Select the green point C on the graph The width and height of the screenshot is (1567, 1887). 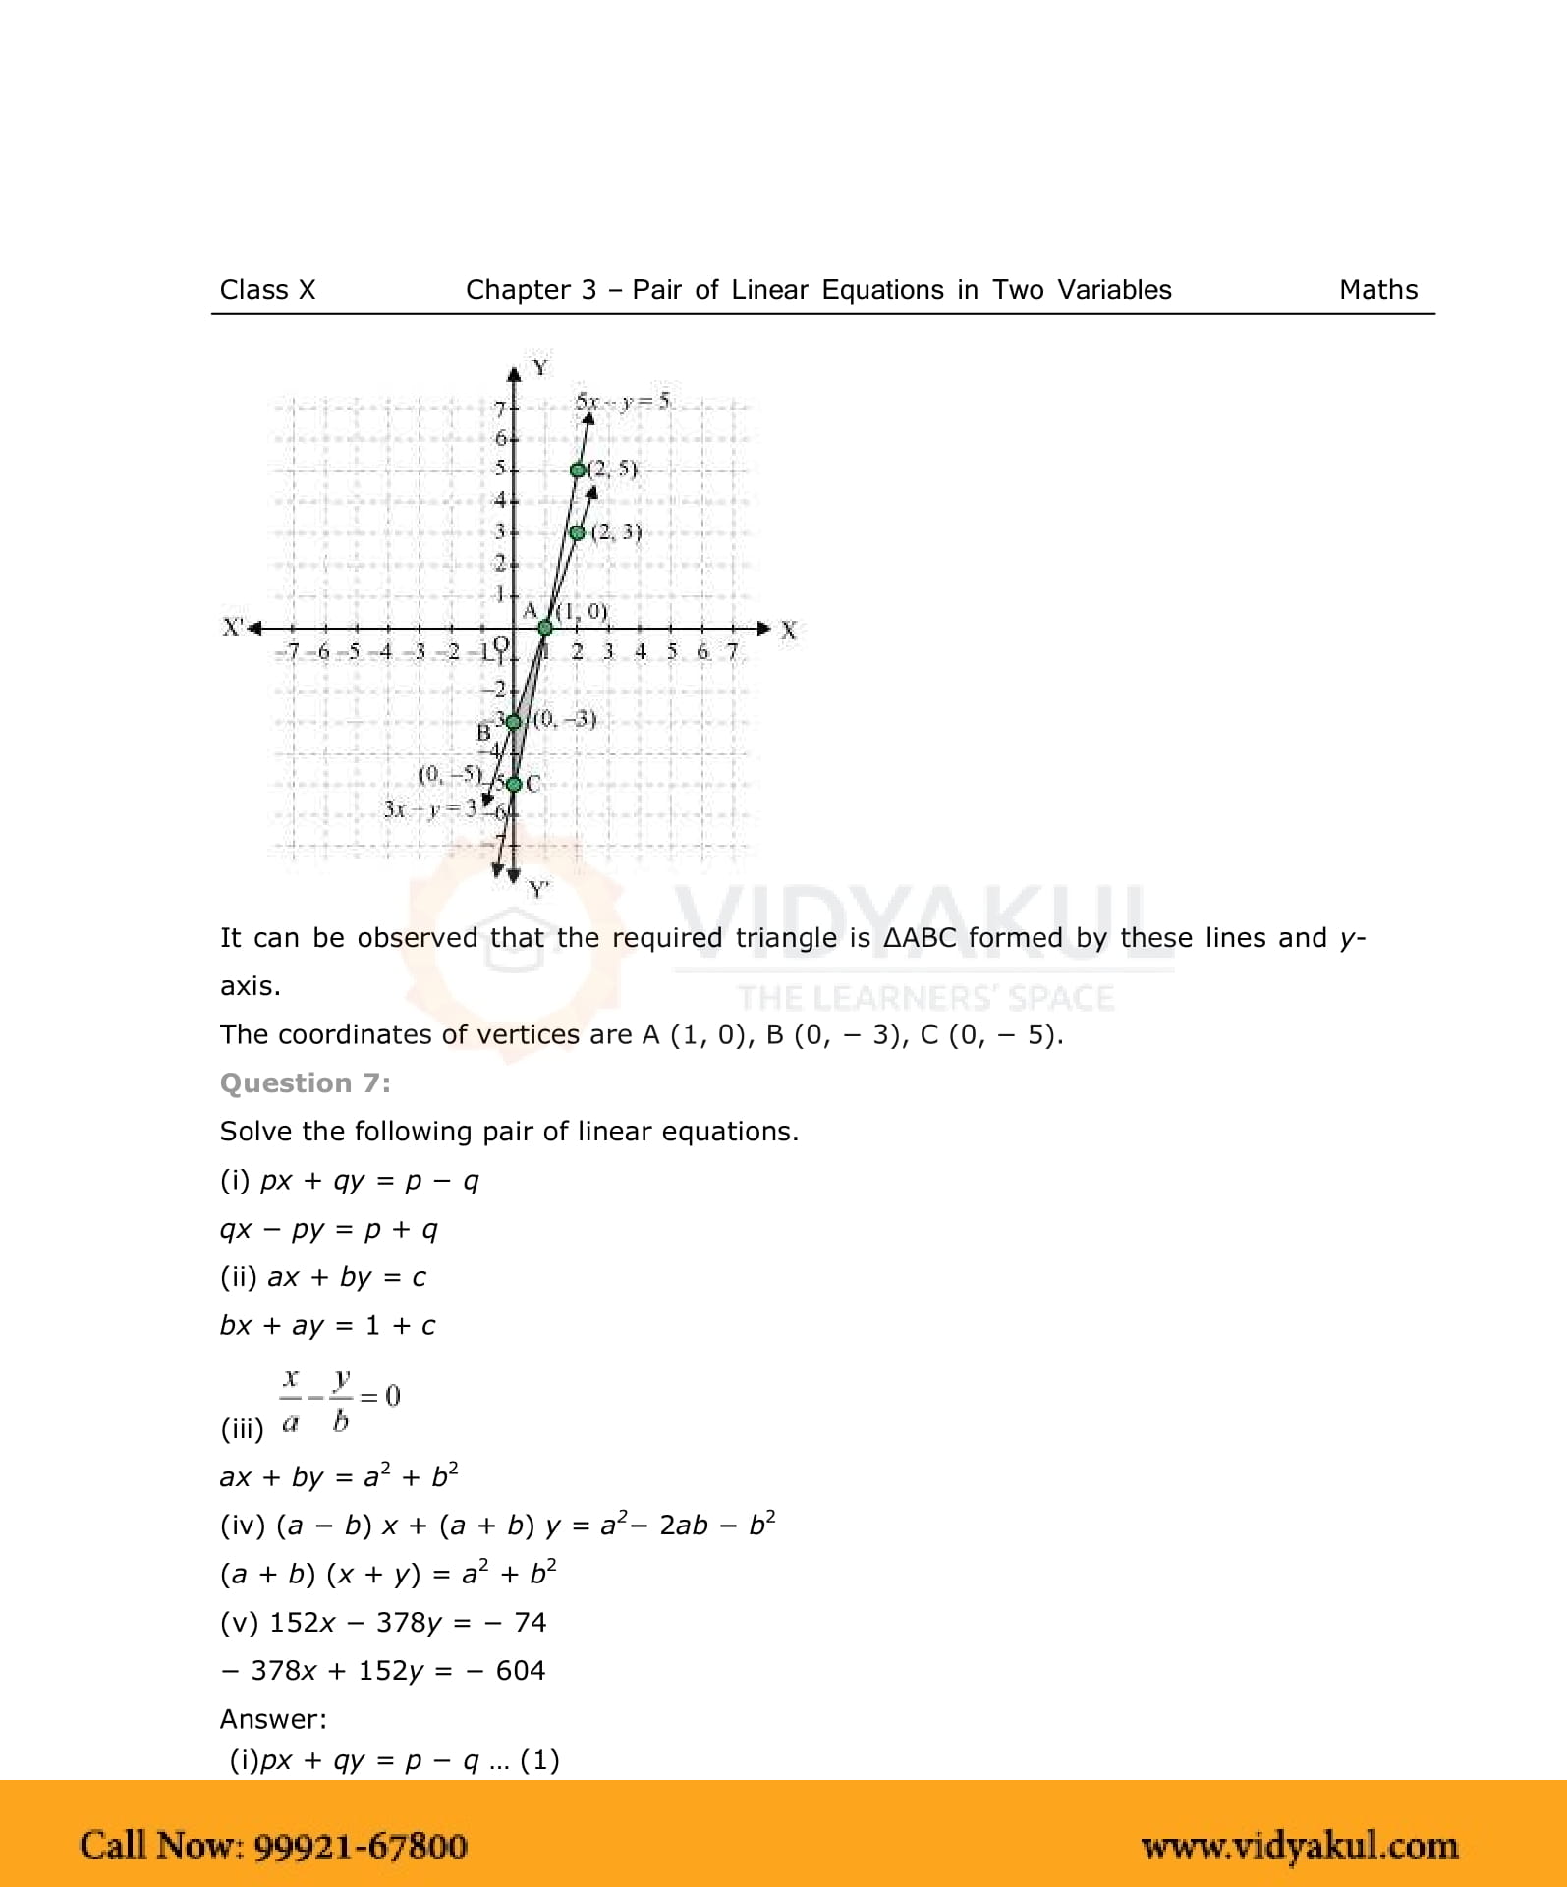coord(514,784)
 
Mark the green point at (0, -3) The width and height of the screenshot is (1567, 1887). coord(513,722)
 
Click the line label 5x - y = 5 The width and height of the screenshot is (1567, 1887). coord(623,401)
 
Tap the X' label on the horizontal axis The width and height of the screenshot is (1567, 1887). coord(233,627)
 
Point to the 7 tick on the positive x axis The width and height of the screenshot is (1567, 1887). coord(731,651)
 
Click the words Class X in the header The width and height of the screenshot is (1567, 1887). coord(267,290)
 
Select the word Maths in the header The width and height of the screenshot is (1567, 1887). coord(1377,290)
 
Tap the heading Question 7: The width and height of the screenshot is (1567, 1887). coord(305,1082)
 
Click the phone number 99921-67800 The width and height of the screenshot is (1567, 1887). coord(361,1845)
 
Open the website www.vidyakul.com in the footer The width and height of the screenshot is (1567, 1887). coord(1299,1846)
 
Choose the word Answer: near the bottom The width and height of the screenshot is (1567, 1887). coord(273,1719)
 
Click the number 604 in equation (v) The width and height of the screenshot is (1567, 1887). coord(520,1671)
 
